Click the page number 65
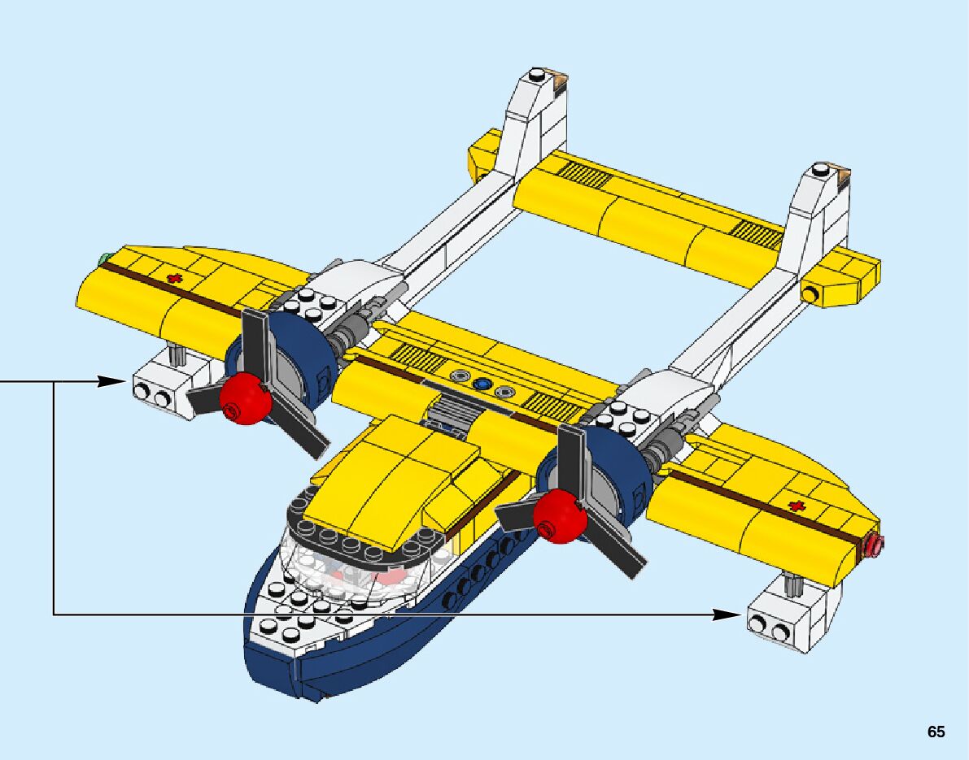936,732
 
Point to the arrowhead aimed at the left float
110,381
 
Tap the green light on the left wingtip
104,259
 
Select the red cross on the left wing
172,279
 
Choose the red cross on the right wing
796,507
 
